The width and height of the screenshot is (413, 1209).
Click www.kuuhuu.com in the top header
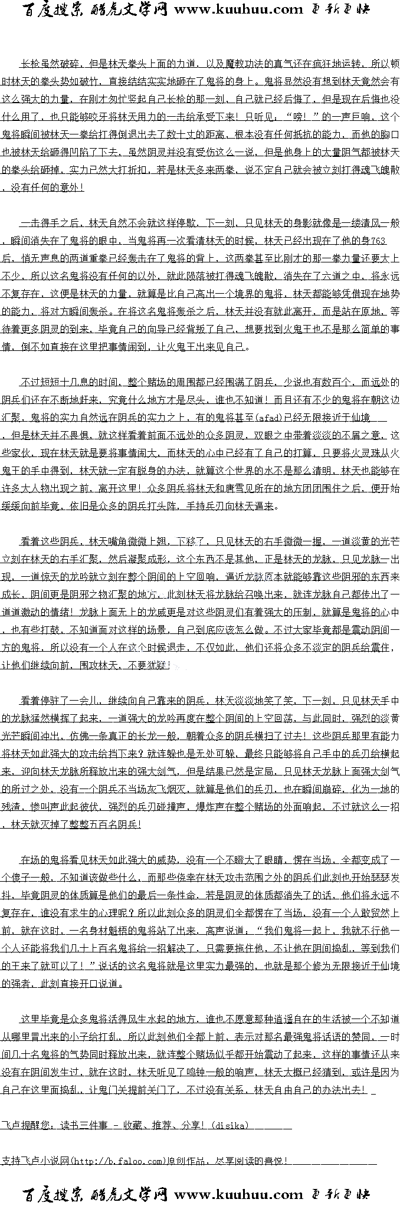238,9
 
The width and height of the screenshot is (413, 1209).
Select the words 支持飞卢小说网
35,1161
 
